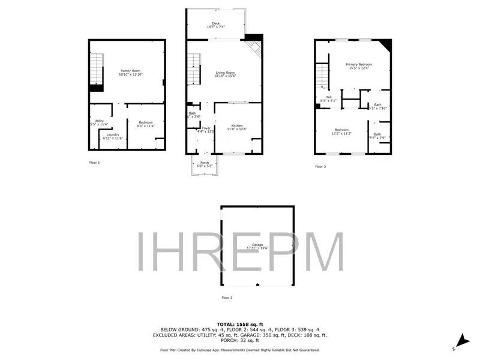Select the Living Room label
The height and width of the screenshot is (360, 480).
pyautogui.click(x=226, y=74)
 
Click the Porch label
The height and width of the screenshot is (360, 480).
pyautogui.click(x=205, y=163)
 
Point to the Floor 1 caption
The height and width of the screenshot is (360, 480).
pyautogui.click(x=94, y=163)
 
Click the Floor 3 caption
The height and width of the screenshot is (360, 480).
pyautogui.click(x=320, y=166)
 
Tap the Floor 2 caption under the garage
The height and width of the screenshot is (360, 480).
pyautogui.click(x=227, y=298)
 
